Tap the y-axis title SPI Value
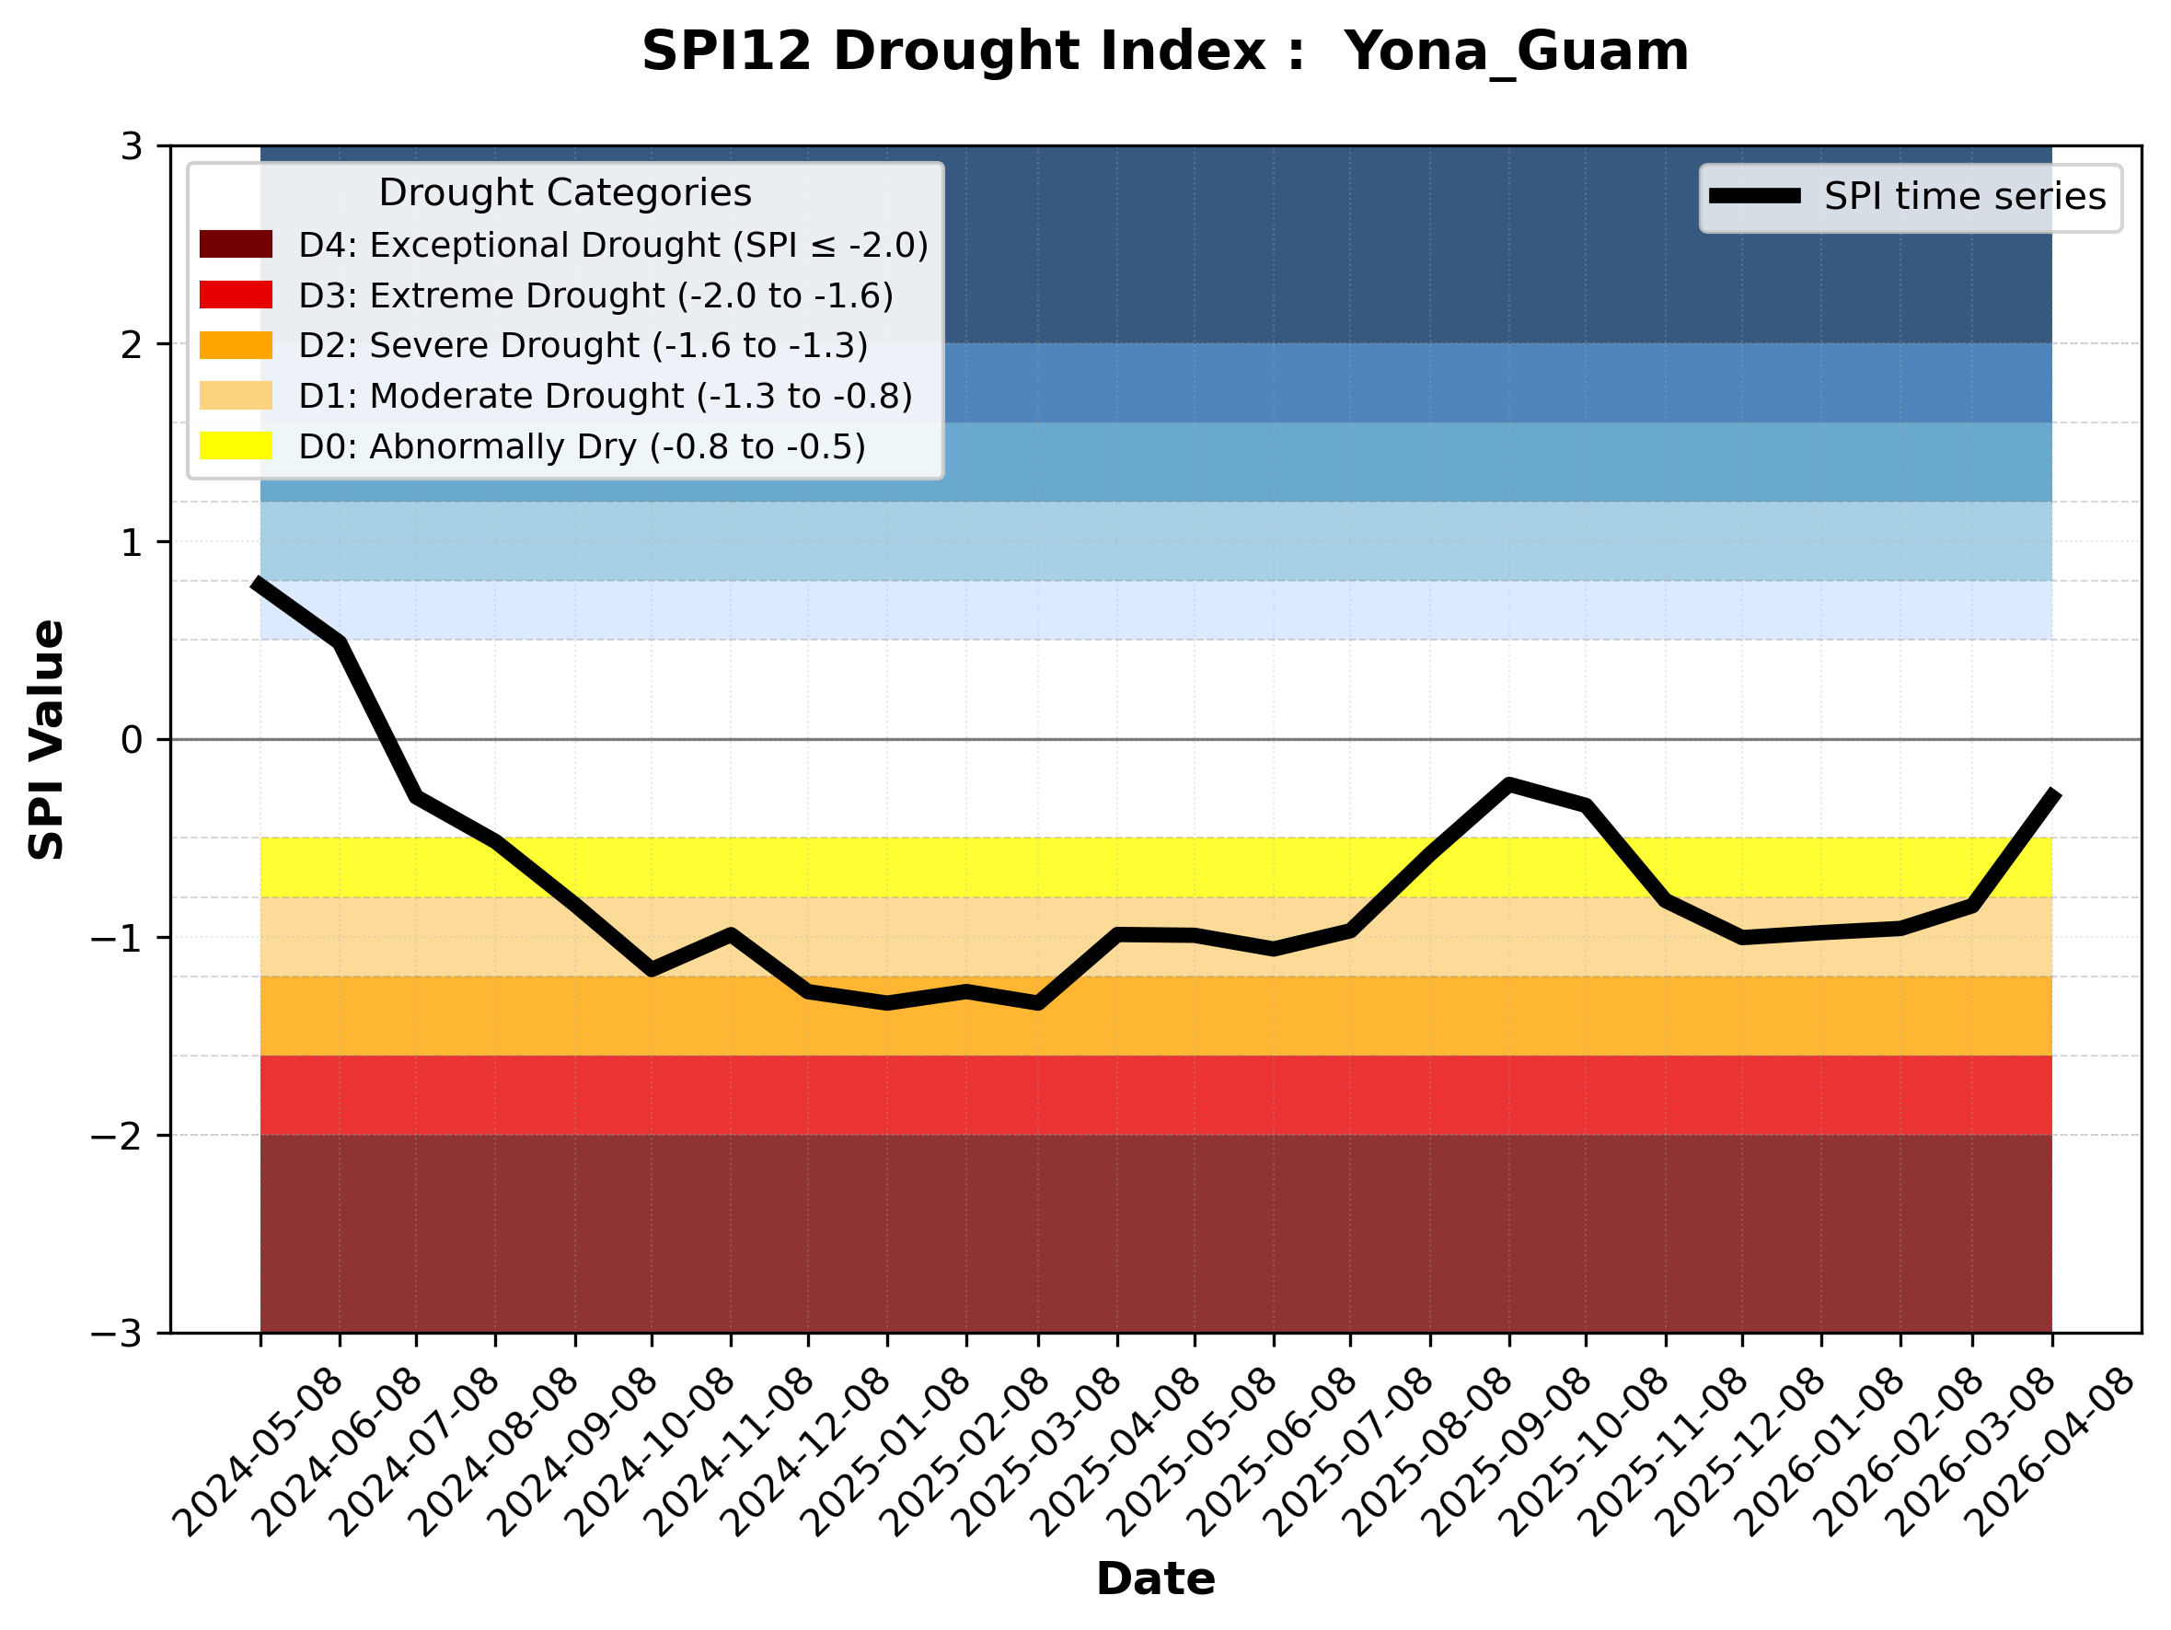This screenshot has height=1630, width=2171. coord(46,740)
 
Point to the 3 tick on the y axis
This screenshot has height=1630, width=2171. coord(132,147)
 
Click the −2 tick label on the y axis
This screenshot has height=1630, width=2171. coord(117,1136)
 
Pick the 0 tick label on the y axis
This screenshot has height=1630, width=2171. coord(132,740)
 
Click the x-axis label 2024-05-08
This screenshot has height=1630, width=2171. coord(260,1451)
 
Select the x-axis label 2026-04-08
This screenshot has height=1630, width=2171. coord(2052,1451)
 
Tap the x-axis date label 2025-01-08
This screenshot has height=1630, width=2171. coord(887,1451)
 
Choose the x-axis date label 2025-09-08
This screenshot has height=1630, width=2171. coord(1508,1451)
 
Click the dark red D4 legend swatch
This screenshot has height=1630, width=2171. coord(236,244)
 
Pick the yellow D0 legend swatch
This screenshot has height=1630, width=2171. coord(236,445)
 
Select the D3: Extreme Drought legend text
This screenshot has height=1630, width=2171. coord(595,295)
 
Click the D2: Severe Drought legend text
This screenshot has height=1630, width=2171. coord(583,345)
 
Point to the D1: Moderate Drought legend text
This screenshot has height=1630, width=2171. coord(606,396)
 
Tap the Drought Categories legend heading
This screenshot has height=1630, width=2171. coord(564,192)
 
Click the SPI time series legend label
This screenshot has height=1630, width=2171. coord(1965,196)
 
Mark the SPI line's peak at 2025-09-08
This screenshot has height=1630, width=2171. coord(1508,783)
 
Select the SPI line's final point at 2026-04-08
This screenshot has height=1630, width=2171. coord(2052,793)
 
